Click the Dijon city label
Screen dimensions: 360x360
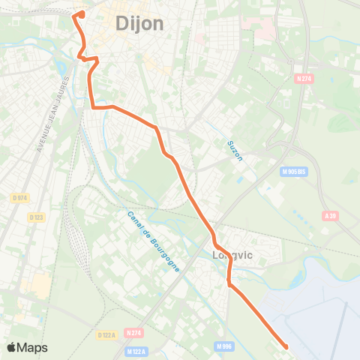tap(139, 23)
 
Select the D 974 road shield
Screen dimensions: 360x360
tap(19, 197)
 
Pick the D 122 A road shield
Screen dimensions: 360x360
tap(106, 335)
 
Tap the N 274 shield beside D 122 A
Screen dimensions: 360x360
tap(134, 332)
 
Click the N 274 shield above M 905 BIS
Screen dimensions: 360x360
tap(303, 77)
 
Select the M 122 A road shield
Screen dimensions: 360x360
tap(136, 351)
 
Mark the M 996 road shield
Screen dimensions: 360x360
tap(223, 346)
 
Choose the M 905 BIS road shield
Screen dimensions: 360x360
tap(295, 171)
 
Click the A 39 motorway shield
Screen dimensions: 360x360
tap(329, 215)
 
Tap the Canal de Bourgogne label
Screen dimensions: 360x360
tap(153, 241)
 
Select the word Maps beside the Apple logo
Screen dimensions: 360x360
tap(32, 347)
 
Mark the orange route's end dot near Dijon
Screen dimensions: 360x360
tap(81, 13)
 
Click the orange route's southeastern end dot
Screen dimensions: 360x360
tap(286, 346)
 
